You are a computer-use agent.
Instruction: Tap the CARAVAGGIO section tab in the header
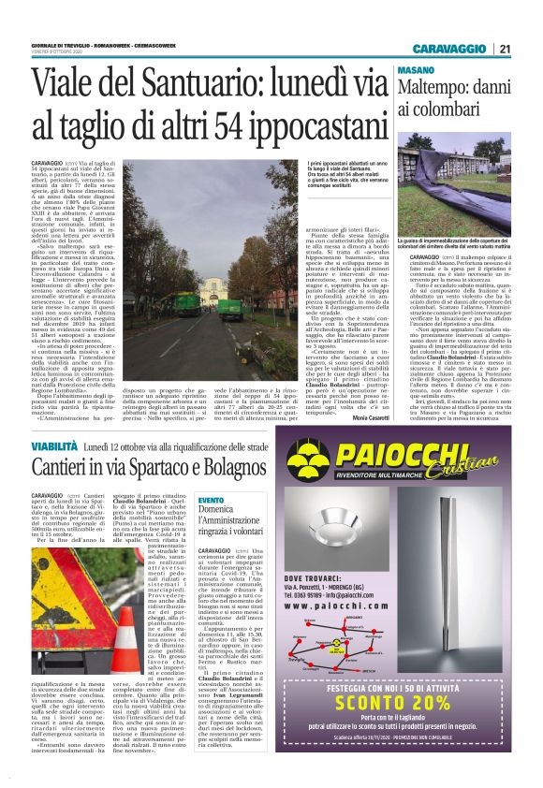pyautogui.click(x=452, y=50)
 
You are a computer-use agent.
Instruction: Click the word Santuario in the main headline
pyautogui.click(x=192, y=83)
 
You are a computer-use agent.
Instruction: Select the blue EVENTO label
pyautogui.click(x=211, y=501)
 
